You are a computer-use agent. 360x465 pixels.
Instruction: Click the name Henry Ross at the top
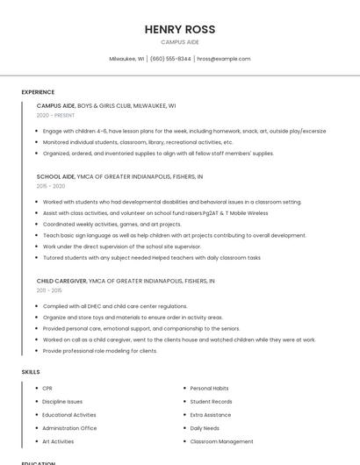(180, 29)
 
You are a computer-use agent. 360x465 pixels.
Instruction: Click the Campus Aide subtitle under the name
(180, 42)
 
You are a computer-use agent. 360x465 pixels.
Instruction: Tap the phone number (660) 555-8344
(170, 59)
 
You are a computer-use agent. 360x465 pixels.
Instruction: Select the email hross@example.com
(223, 59)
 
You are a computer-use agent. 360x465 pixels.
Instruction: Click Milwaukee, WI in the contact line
(126, 59)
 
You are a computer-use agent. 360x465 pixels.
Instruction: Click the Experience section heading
(38, 92)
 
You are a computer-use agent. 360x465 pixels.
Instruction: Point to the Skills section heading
(31, 372)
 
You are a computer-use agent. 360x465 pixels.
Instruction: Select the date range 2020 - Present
(55, 115)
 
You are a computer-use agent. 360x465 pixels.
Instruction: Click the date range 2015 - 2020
(51, 186)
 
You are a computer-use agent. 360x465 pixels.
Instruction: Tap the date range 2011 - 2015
(49, 290)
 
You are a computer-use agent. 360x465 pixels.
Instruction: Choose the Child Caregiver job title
(61, 281)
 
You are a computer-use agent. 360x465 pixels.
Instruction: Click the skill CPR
(47, 388)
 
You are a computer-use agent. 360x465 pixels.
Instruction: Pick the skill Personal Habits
(209, 388)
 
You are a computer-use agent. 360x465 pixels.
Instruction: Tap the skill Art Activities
(58, 441)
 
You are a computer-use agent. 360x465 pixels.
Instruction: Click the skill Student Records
(211, 402)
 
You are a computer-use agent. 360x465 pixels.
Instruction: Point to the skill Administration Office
(69, 428)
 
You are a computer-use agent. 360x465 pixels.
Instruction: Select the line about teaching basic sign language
(174, 235)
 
